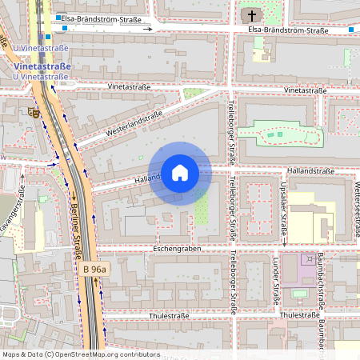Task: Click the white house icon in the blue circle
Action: click(x=180, y=173)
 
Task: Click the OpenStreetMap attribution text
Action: click(x=80, y=354)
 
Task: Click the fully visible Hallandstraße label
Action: click(x=312, y=171)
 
